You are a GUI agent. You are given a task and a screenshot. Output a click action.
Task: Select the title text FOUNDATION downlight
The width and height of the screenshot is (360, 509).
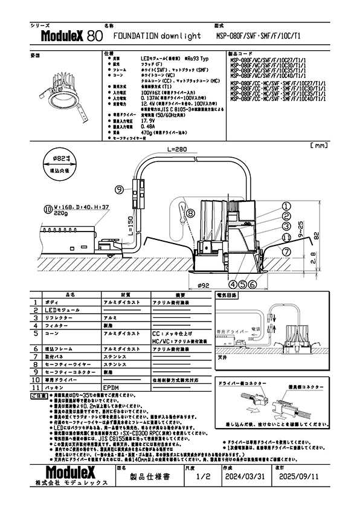click(149, 36)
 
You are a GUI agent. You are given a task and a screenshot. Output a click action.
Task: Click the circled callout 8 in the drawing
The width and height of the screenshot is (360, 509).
click(190, 213)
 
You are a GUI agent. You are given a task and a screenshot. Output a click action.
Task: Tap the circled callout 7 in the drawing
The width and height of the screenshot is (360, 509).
click(287, 250)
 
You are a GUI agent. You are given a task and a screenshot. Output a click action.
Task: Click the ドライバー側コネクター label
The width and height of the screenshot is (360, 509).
click(240, 384)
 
